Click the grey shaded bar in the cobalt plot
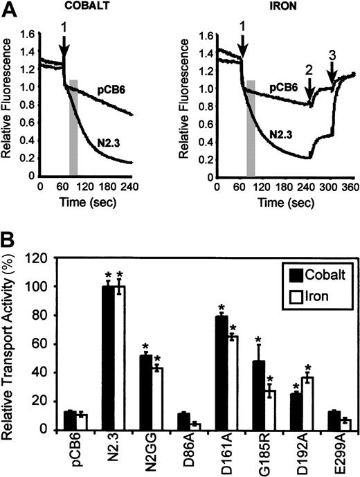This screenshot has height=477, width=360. click(x=73, y=128)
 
